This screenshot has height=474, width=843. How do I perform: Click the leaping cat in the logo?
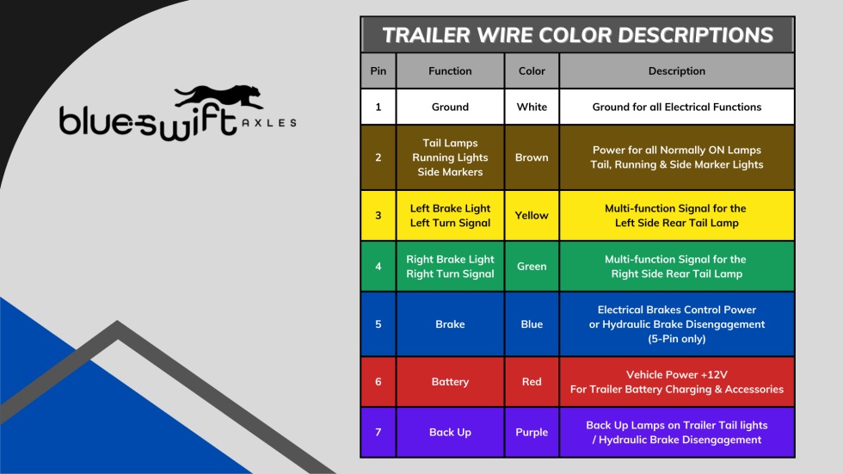coord(218,96)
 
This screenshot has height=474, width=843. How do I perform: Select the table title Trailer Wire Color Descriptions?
coord(577,35)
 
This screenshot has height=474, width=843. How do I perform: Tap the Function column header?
coord(450,71)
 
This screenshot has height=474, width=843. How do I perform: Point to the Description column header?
coord(676,71)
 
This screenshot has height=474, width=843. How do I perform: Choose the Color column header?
coord(532,71)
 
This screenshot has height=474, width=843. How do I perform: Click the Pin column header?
coord(378,71)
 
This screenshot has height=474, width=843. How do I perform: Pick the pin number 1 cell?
coord(378,108)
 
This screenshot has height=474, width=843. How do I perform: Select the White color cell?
coord(532,108)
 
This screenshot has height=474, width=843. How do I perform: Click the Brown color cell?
coord(532,157)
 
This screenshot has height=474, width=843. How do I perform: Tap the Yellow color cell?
coord(532,215)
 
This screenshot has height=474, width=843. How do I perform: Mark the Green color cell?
coord(532,267)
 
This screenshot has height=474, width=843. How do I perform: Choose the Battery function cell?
coord(450,381)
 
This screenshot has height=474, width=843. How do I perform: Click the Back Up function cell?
coord(450,432)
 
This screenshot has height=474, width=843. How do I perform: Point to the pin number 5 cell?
coord(378,324)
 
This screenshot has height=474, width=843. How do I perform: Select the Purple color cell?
coord(532,432)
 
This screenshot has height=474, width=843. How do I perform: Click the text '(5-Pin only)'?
coord(676,339)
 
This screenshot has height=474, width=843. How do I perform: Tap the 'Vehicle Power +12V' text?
coord(676,374)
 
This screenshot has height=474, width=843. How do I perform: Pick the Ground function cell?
coord(450,108)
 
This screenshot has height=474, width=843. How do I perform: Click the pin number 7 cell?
coord(378,432)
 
